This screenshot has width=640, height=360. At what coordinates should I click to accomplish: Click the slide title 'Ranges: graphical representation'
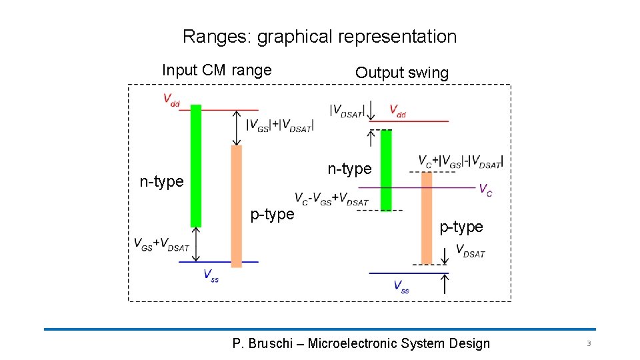319,37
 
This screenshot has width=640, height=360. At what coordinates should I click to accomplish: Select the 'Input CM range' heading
217,70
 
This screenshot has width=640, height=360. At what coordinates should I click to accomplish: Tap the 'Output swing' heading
402,73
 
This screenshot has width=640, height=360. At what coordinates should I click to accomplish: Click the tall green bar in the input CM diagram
196,165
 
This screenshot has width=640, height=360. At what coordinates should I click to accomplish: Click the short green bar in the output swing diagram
386,169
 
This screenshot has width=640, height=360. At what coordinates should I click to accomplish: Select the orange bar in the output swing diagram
427,217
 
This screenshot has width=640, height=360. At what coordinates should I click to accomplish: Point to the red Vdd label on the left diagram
172,100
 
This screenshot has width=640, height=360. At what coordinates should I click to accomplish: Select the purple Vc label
486,189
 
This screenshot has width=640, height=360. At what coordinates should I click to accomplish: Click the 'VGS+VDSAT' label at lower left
161,245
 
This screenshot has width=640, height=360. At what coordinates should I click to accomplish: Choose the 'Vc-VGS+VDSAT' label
331,199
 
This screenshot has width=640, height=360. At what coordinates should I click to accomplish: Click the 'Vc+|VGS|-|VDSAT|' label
461,161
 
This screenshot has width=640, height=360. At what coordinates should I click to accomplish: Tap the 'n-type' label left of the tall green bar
161,181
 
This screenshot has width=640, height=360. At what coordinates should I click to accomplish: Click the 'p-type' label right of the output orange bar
461,227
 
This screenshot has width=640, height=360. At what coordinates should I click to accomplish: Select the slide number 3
589,343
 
